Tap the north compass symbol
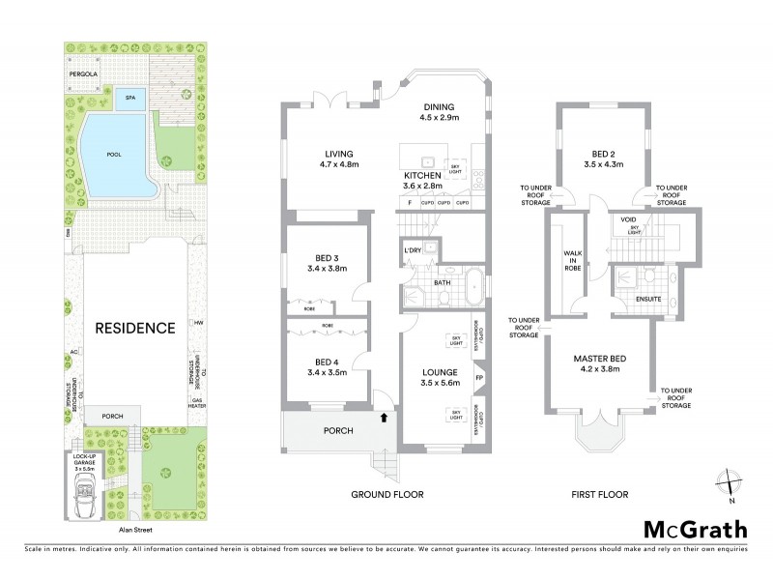click(x=730, y=482)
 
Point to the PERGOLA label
click(x=84, y=72)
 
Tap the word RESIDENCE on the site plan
click(x=134, y=328)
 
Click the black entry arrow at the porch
click(x=386, y=418)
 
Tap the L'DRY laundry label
click(x=414, y=251)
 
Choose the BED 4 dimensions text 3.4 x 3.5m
click(x=326, y=371)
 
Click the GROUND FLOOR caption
click(x=388, y=495)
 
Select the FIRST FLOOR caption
click(x=599, y=495)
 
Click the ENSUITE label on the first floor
click(x=649, y=300)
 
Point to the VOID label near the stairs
click(x=628, y=220)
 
